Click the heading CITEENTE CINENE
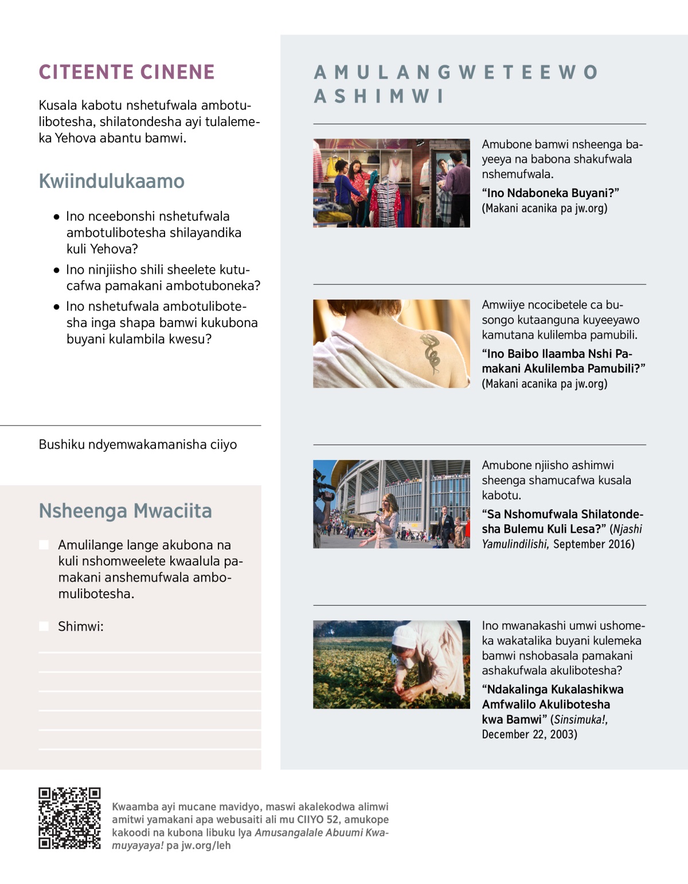127,72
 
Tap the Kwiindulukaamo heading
112,181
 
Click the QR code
69,818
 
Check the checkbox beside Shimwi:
44,626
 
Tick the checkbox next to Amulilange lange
44,544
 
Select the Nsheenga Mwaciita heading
125,510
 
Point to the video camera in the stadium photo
324,490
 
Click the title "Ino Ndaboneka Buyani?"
550,193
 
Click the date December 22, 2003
529,734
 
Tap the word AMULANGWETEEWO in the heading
456,72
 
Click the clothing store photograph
392,183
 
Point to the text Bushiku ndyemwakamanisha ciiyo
138,445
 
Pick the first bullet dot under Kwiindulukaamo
56,217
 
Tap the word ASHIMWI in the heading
379,96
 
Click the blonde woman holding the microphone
387,518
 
